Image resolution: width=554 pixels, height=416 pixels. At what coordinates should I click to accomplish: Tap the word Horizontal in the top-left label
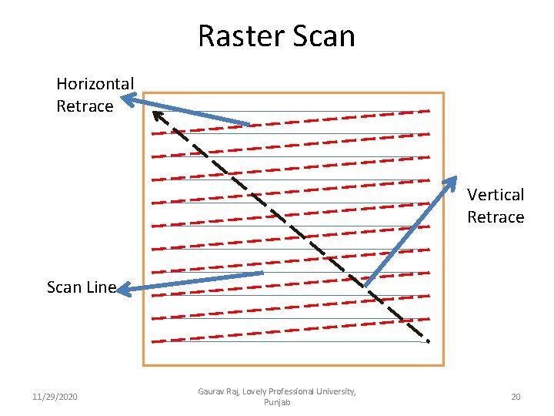click(x=95, y=83)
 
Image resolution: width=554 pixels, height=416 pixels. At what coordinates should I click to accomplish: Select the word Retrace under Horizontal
click(x=85, y=106)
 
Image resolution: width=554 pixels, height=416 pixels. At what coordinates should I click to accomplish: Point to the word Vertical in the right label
click(x=496, y=195)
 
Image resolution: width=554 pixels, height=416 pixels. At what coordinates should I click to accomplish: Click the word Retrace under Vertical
click(x=496, y=217)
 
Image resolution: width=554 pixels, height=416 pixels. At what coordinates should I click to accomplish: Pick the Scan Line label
click(x=81, y=287)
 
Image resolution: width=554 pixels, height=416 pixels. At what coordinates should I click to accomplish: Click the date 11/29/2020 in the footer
click(x=55, y=397)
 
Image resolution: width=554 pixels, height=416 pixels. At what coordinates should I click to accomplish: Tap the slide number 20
click(x=516, y=397)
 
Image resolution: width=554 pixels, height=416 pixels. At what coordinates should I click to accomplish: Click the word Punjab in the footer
click(x=276, y=403)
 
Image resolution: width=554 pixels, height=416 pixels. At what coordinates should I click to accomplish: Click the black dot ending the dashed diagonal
click(x=427, y=340)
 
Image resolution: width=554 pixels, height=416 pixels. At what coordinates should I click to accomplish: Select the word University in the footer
click(x=335, y=392)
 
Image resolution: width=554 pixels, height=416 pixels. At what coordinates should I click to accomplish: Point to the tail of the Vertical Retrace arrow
click(x=366, y=285)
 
